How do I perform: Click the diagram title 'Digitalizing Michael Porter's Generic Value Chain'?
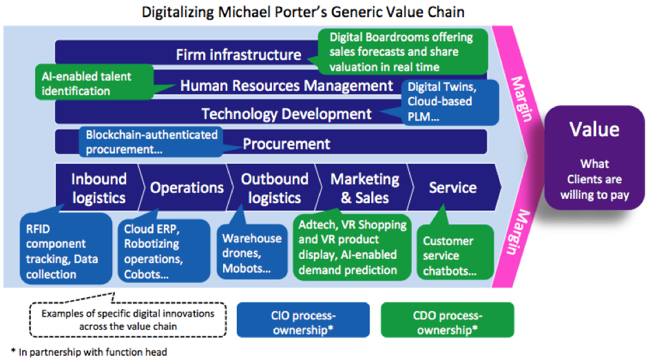pyautogui.click(x=303, y=12)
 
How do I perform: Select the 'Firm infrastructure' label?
pyautogui.click(x=238, y=54)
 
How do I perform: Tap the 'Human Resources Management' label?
pyautogui.click(x=286, y=86)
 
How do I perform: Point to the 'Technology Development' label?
pyautogui.click(x=286, y=114)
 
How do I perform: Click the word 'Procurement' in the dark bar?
pyautogui.click(x=286, y=144)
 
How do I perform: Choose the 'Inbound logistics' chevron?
pyautogui.click(x=98, y=188)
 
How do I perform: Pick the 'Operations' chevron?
pyautogui.click(x=187, y=188)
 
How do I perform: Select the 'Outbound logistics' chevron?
pyautogui.click(x=275, y=188)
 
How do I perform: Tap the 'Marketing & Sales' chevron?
pyautogui.click(x=365, y=188)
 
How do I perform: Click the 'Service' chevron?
pyautogui.click(x=454, y=188)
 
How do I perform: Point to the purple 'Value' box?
pyautogui.click(x=594, y=158)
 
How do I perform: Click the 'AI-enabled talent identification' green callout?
pyautogui.click(x=94, y=82)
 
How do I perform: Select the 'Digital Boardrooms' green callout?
pyautogui.click(x=403, y=52)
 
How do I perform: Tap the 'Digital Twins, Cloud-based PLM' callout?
pyautogui.click(x=450, y=103)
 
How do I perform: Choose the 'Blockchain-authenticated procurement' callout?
pyautogui.click(x=151, y=142)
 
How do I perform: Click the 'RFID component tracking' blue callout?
pyautogui.click(x=66, y=249)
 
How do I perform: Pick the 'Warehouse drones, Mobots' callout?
pyautogui.click(x=252, y=252)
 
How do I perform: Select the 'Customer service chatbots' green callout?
pyautogui.click(x=455, y=252)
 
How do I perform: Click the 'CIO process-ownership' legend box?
pyautogui.click(x=303, y=320)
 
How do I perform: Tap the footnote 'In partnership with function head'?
pyautogui.click(x=89, y=352)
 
